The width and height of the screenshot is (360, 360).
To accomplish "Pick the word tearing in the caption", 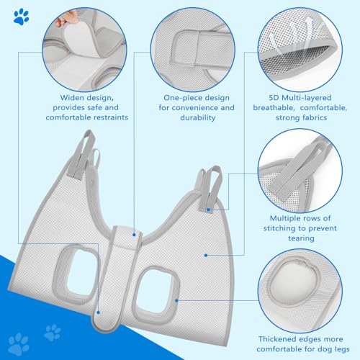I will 297,240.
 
